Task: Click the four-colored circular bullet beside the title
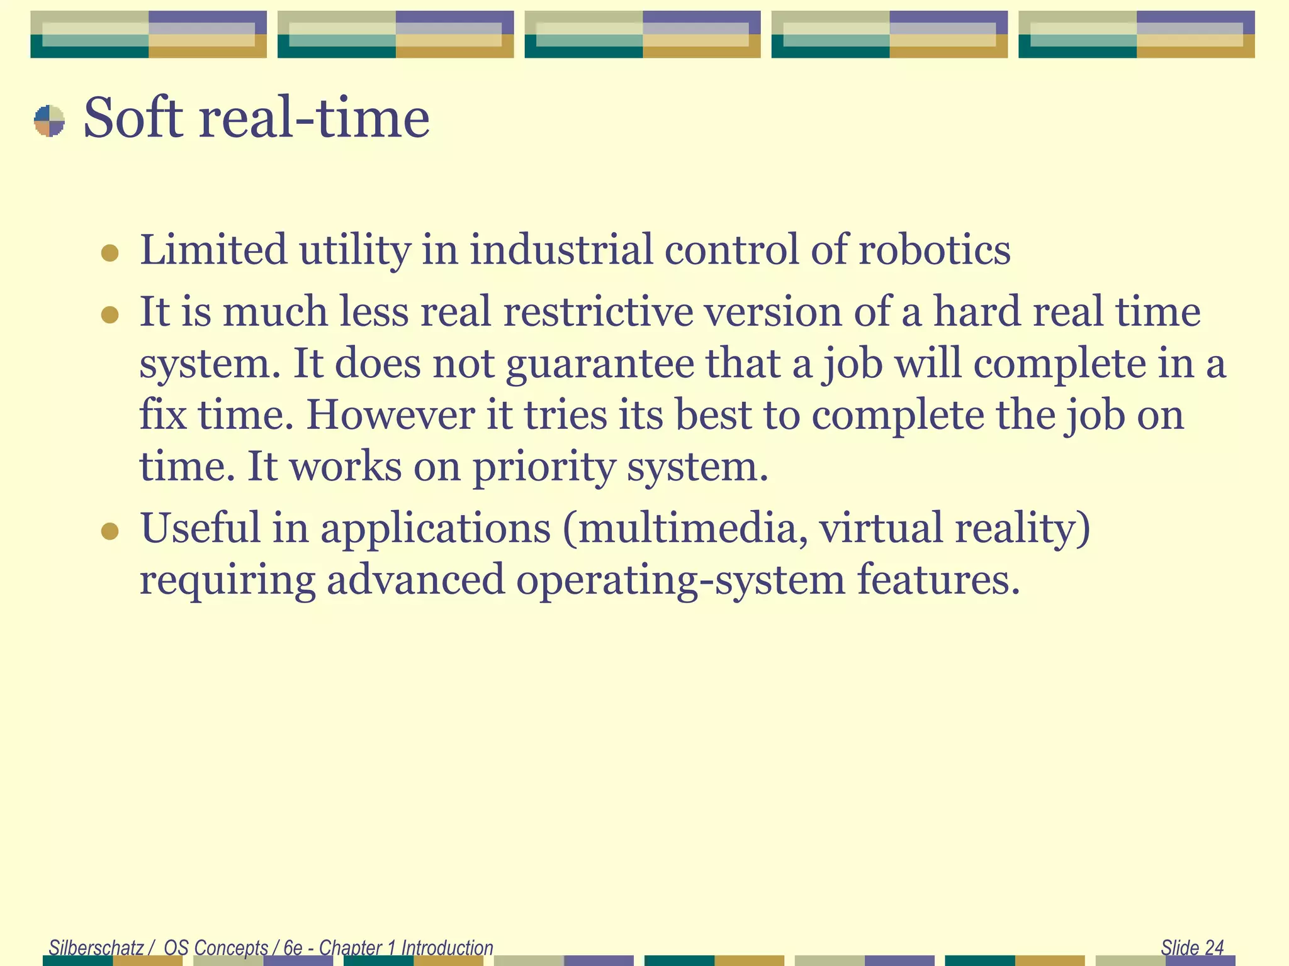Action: (49, 121)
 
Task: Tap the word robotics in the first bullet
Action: (935, 250)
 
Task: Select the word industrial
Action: (561, 250)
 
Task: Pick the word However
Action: (390, 416)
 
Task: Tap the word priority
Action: (544, 468)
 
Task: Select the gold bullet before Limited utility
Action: (110, 253)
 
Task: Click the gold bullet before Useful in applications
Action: (110, 531)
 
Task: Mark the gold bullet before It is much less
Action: (110, 314)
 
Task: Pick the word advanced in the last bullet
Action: (415, 580)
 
